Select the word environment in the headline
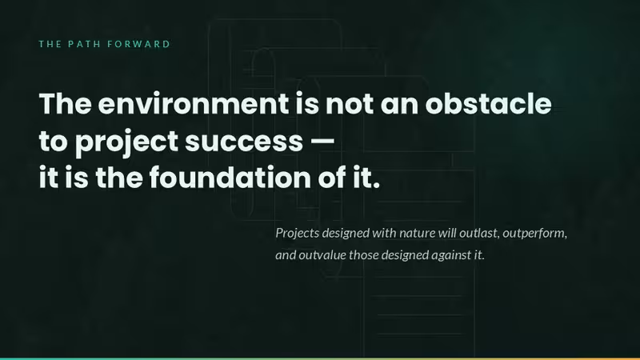(x=194, y=104)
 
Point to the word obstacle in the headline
(x=488, y=103)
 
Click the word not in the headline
(x=350, y=104)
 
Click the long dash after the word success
(x=322, y=142)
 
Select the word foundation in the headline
(x=230, y=178)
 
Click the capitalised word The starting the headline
(x=66, y=103)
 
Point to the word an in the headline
(x=399, y=105)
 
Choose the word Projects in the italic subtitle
(x=297, y=233)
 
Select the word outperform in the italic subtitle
(x=534, y=233)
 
